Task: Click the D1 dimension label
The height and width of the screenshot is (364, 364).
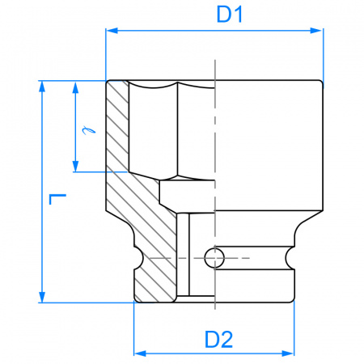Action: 230,15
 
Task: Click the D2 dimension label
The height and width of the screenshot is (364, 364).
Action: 218,340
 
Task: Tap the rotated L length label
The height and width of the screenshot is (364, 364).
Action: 57,199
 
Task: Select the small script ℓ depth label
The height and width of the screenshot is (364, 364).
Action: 88,130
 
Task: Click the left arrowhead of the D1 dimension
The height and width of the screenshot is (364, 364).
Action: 112,31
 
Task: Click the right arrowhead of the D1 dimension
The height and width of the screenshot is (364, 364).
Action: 316,31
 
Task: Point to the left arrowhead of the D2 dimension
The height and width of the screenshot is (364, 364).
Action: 140,353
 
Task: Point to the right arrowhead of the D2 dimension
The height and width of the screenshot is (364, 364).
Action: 288,353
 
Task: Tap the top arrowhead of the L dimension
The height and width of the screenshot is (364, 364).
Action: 42,87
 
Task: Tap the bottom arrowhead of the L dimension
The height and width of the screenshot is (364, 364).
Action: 42,296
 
